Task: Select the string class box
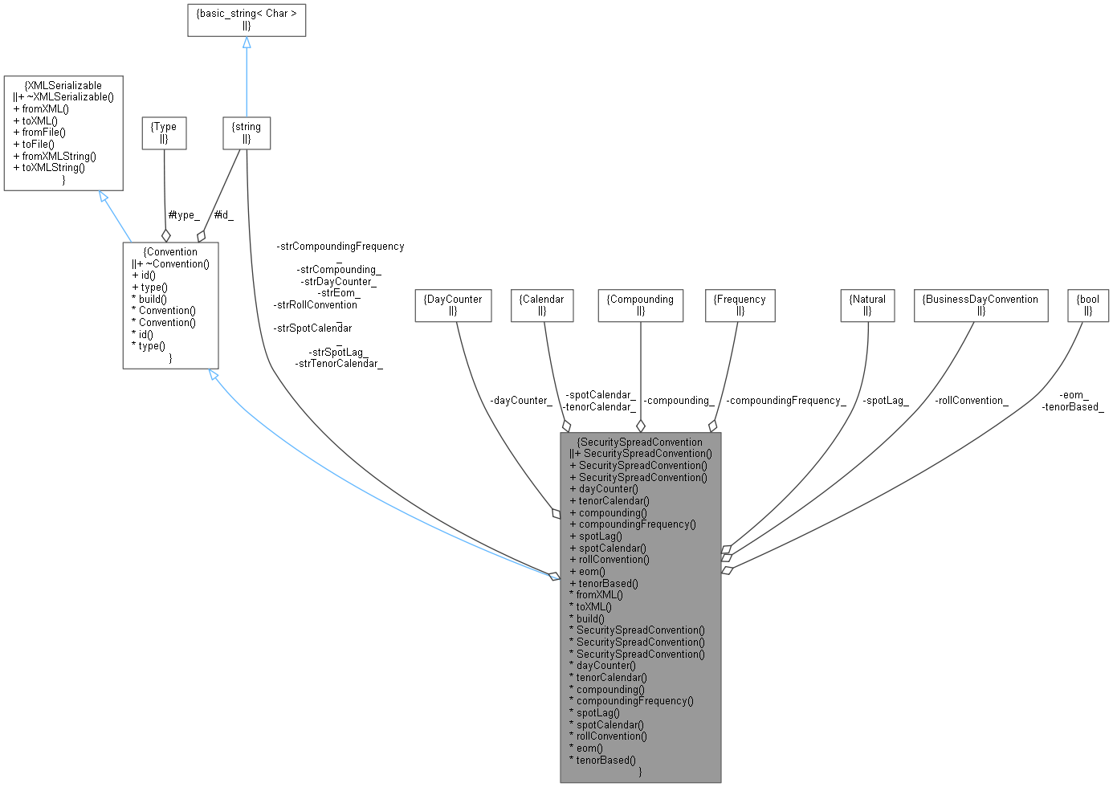pos(247,133)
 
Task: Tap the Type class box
pos(164,133)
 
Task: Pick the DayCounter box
pos(453,305)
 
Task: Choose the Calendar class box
pos(542,305)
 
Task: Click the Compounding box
pos(640,305)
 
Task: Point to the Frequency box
pos(740,305)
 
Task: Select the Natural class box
pos(867,305)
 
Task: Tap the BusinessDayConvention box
pos(980,305)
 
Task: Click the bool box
pos(1088,305)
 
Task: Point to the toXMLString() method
pos(50,167)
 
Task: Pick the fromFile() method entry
pos(40,132)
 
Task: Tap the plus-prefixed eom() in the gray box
pos(588,571)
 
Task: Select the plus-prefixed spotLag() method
pos(596,536)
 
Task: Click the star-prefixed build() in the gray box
pos(587,618)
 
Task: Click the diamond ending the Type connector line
pos(166,234)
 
